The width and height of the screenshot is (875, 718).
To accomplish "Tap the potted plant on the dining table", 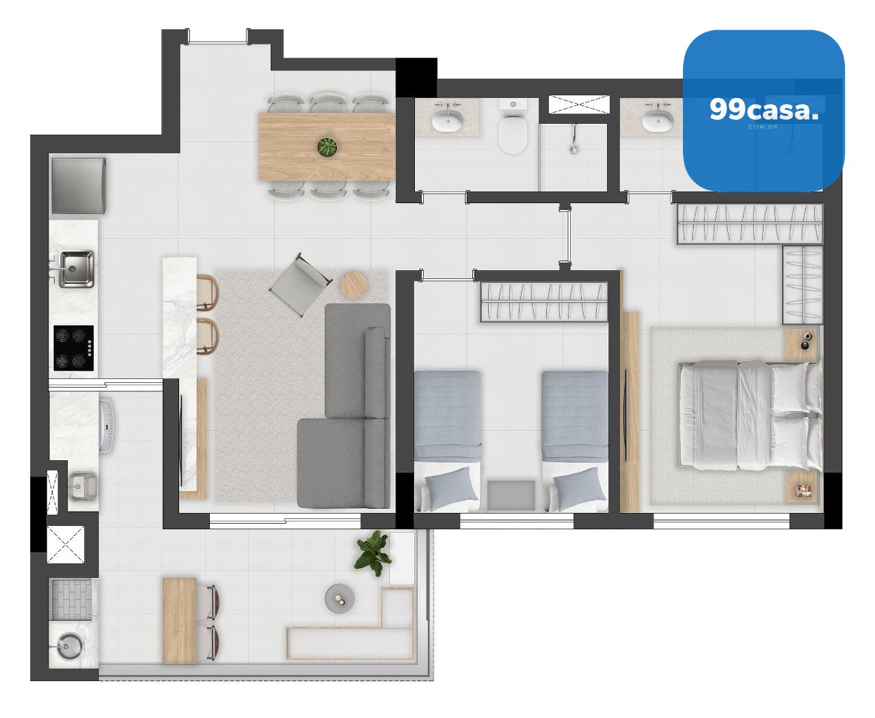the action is click(327, 146).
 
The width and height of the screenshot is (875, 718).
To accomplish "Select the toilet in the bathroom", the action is click(513, 125).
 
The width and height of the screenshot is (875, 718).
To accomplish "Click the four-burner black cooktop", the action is click(73, 348).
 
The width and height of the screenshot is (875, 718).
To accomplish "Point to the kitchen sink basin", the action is click(75, 269).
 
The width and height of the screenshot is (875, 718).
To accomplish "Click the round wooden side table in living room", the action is click(353, 284).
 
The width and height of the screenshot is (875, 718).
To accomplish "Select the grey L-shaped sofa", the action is click(345, 405).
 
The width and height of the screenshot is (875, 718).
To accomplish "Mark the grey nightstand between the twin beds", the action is click(511, 495).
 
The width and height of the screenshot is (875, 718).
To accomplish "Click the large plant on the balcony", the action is click(374, 553).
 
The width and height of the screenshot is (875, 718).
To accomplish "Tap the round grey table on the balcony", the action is click(340, 598).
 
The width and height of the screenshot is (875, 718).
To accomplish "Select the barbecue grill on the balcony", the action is click(70, 600).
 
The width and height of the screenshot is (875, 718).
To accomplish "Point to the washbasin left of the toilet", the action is click(448, 120).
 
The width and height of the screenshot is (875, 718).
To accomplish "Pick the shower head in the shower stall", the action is click(574, 139).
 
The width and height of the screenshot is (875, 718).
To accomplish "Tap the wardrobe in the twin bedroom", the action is click(544, 302).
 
